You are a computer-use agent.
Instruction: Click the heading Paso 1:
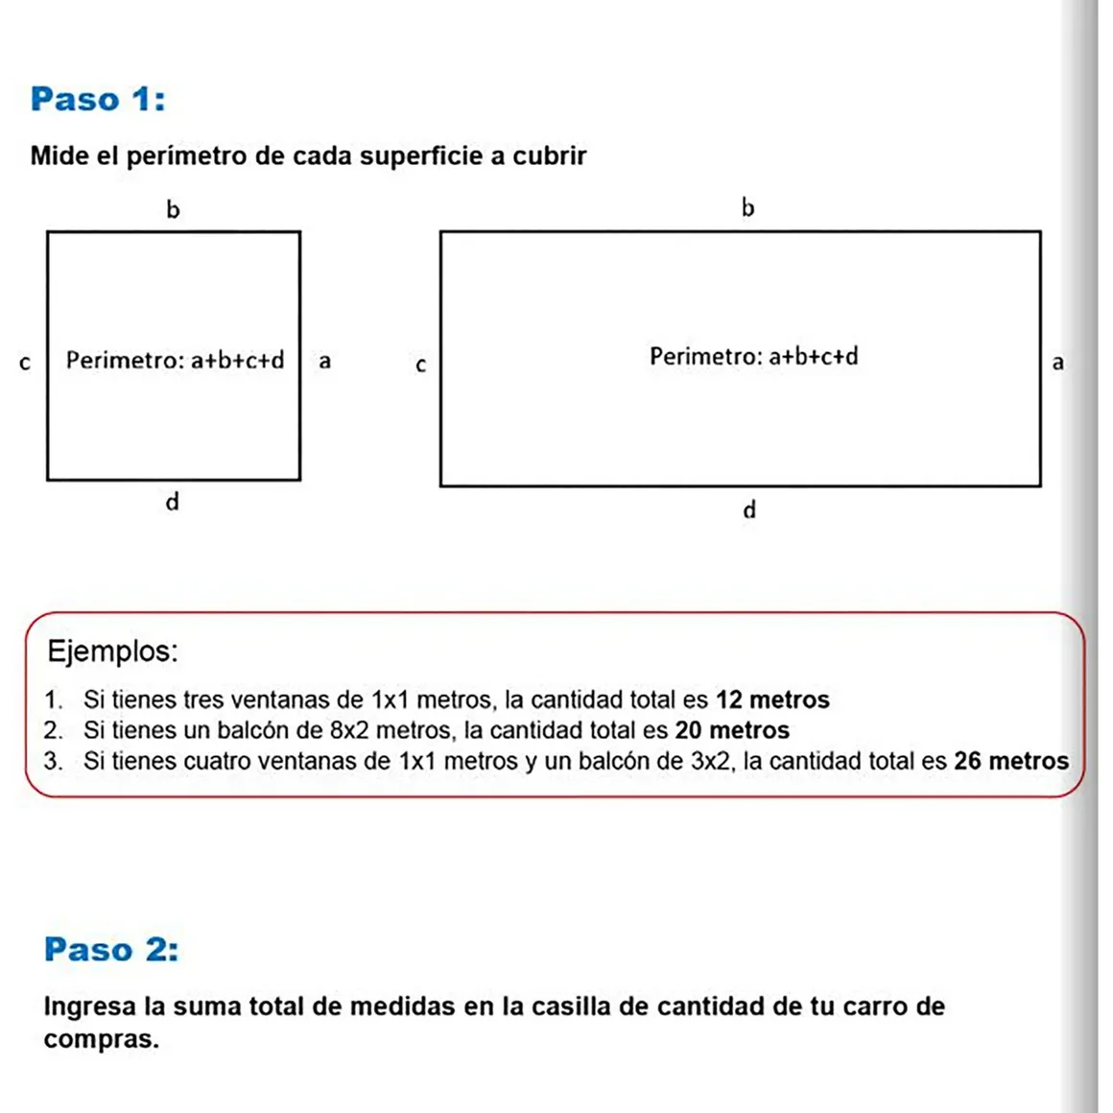click(x=98, y=99)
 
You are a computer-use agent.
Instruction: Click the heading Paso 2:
click(x=111, y=949)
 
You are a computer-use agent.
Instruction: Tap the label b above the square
click(x=173, y=209)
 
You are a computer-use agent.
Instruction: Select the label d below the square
click(x=173, y=502)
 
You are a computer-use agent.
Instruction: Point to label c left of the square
click(x=25, y=364)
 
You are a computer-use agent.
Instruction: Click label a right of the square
click(x=325, y=362)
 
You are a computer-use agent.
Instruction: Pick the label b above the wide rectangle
click(x=748, y=207)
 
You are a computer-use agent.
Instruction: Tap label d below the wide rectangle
click(x=749, y=509)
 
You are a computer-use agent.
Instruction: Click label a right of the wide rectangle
click(x=1057, y=363)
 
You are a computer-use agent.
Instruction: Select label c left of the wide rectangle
click(x=420, y=366)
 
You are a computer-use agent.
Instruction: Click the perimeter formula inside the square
click(x=175, y=361)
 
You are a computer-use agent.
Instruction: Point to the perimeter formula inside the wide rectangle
click(x=753, y=357)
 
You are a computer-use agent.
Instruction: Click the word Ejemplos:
click(x=112, y=651)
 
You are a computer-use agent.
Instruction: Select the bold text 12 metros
click(x=772, y=699)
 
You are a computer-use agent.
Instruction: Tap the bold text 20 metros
click(x=732, y=730)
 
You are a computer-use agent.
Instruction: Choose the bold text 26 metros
click(x=1010, y=761)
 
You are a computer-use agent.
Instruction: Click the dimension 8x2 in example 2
click(x=349, y=730)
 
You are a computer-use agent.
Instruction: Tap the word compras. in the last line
click(x=101, y=1039)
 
